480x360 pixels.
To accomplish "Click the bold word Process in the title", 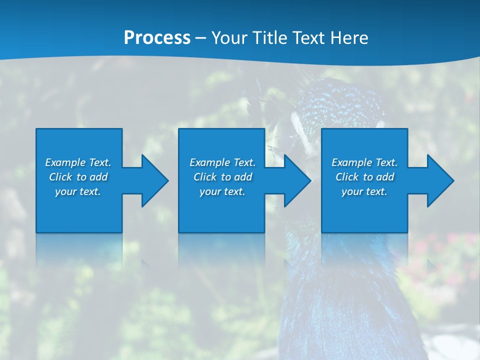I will pyautogui.click(x=157, y=38).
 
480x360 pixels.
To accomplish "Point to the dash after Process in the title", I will pyautogui.click(x=201, y=38).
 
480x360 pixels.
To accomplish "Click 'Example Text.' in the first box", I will pyautogui.click(x=78, y=162).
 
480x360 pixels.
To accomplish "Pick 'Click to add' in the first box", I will pyautogui.click(x=78, y=177).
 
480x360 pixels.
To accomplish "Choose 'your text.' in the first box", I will pyautogui.click(x=78, y=191).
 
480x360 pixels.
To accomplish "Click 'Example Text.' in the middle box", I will pyautogui.click(x=222, y=162).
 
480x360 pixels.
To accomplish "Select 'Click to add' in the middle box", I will pyautogui.click(x=222, y=177).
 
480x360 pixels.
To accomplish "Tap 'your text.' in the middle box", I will pyautogui.click(x=222, y=191).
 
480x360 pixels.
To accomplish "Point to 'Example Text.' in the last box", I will pyautogui.click(x=364, y=162).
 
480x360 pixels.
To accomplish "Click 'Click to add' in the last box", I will pyautogui.click(x=364, y=177).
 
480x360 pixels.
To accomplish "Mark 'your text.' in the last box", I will pyautogui.click(x=364, y=191).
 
